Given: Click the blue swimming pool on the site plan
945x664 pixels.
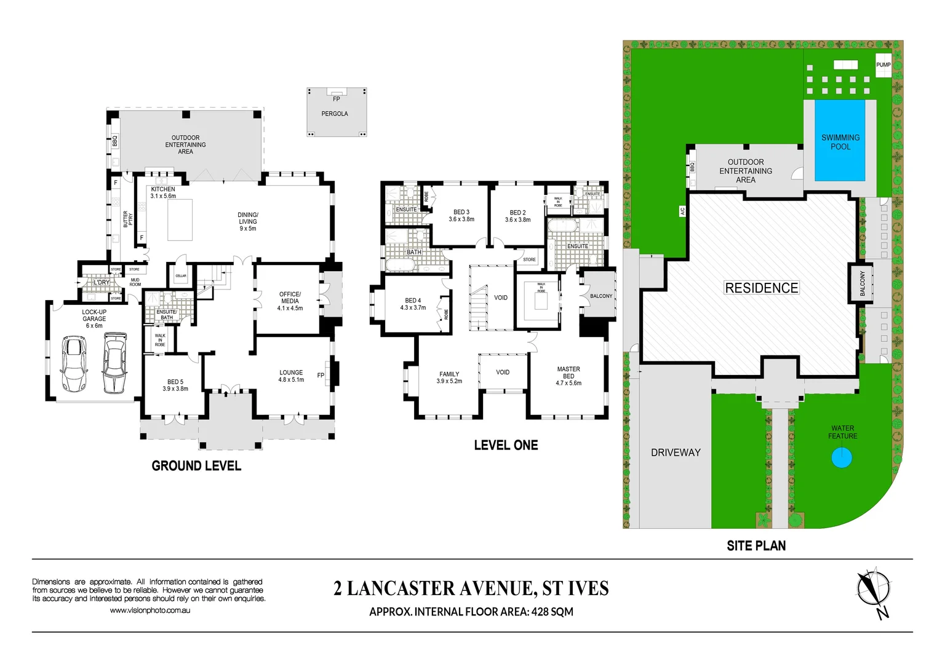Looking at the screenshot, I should pos(840,141).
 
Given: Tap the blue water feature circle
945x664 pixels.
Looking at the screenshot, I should pos(842,458).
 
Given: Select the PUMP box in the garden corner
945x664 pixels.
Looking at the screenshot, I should pos(883,65).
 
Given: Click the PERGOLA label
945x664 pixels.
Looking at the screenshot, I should pos(335,114).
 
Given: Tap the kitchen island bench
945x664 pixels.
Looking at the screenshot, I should pos(180,219).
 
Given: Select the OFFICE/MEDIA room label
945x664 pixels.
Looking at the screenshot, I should pos(290,301).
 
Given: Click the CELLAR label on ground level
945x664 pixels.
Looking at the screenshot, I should pos(181,275).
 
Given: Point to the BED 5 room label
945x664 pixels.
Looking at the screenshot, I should pos(175,385).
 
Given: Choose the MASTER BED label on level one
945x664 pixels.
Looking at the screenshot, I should pos(568,376).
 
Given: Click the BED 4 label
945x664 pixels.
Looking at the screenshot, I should pos(413,304).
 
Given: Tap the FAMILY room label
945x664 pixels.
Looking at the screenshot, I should pos(449,377).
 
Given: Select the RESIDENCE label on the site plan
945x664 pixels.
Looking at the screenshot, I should pos(762,288).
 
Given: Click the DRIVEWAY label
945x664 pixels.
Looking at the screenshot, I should pos(676,453).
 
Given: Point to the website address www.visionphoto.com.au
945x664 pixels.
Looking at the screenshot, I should pos(150,611).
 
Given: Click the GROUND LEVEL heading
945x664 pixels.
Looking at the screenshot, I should pos(196,466).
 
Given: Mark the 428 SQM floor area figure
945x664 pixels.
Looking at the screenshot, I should pos(552,612).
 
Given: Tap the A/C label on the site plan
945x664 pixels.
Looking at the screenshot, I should pos(682,211).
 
